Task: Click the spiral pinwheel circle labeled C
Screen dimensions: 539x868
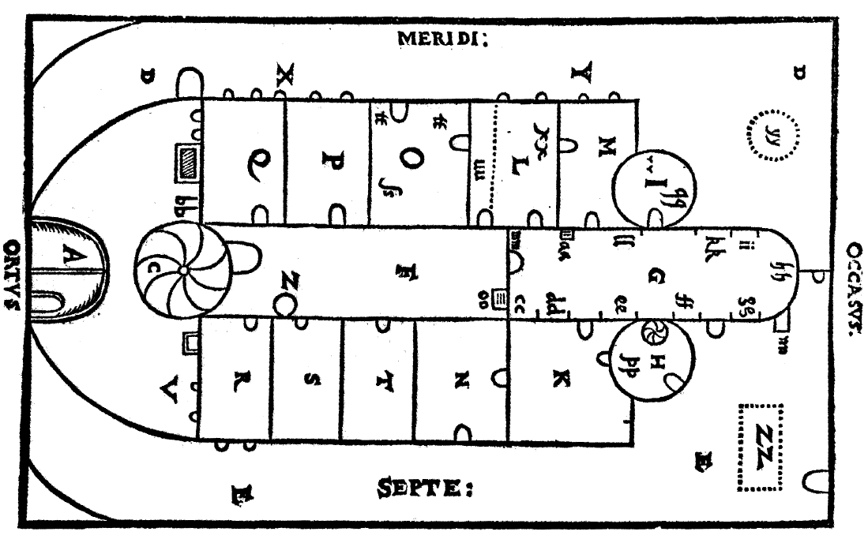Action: pos(182,270)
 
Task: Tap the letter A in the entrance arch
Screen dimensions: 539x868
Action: pos(66,256)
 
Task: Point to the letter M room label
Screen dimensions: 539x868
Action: pos(606,147)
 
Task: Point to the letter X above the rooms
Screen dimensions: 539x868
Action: pos(284,76)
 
